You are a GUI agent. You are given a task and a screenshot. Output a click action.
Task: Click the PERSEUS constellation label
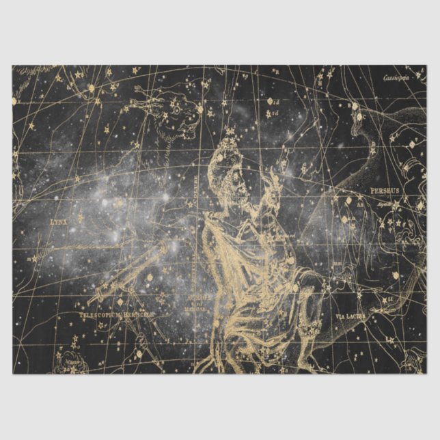(384, 191)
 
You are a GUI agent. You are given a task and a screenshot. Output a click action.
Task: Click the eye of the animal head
(176, 108)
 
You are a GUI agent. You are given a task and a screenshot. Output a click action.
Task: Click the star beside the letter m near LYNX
(81, 217)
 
